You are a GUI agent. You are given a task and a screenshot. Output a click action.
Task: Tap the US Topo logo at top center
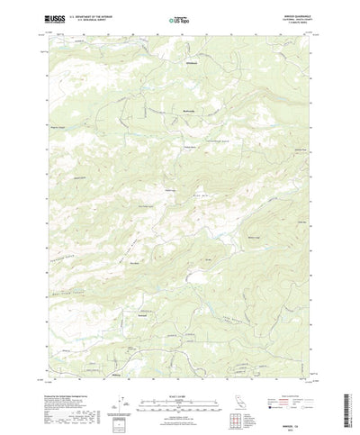pyautogui.click(x=179, y=18)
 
